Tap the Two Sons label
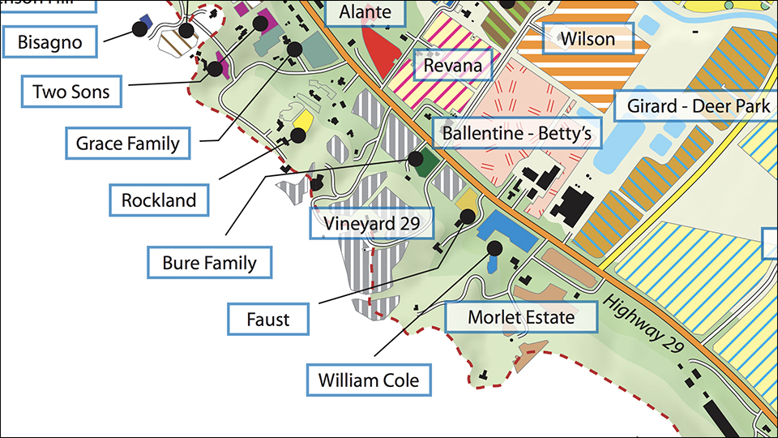pyautogui.click(x=71, y=92)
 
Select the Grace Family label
pyautogui.click(x=127, y=144)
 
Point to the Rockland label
pyautogui.click(x=159, y=200)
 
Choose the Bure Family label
pyautogui.click(x=209, y=262)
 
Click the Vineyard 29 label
pyautogui.click(x=372, y=223)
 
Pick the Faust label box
pyautogui.click(x=268, y=319)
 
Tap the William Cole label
pyautogui.click(x=369, y=379)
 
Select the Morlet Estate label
pyautogui.click(x=521, y=316)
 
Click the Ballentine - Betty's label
pyautogui.click(x=517, y=133)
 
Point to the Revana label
pyautogui.click(x=453, y=66)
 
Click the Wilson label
pyautogui.click(x=588, y=38)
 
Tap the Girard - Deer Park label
pyautogui.click(x=698, y=106)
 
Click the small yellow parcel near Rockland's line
pyautogui.click(x=302, y=121)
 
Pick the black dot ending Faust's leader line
pyautogui.click(x=468, y=216)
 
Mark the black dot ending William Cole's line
pyautogui.click(x=494, y=248)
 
